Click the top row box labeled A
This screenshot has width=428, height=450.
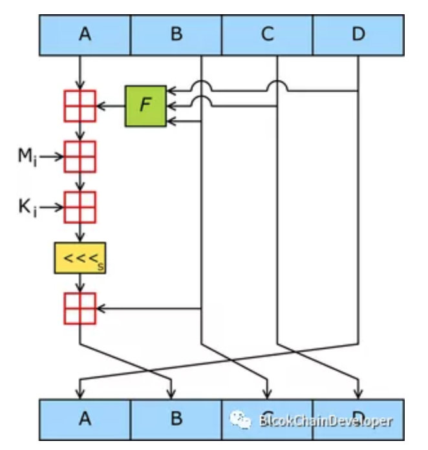(x=85, y=34)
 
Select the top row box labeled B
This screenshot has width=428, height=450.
(x=176, y=34)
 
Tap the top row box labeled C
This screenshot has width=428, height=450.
(x=267, y=34)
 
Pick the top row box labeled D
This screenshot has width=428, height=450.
(x=358, y=34)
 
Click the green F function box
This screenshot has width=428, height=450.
(x=146, y=105)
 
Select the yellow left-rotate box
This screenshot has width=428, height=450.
(x=80, y=259)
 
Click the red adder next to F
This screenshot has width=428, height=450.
(x=80, y=105)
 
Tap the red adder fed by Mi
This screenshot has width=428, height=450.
(x=80, y=156)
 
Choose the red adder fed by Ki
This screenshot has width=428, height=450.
(x=80, y=207)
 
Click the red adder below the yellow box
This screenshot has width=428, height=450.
(x=80, y=308)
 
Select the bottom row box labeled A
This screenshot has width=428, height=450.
(x=85, y=419)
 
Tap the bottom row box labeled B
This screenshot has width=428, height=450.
(x=176, y=419)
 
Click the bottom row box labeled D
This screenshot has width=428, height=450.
(x=358, y=419)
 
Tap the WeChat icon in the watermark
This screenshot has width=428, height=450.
(x=241, y=420)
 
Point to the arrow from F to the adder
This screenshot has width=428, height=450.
(x=111, y=105)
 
